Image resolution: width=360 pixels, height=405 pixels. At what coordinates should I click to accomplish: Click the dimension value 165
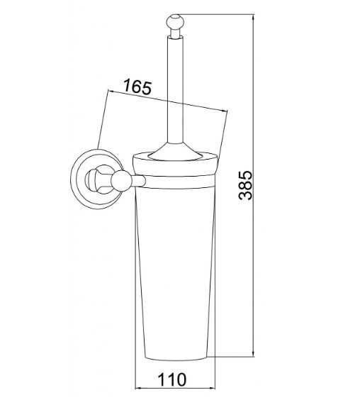point(137,87)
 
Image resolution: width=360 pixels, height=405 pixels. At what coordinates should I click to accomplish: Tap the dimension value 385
point(245,185)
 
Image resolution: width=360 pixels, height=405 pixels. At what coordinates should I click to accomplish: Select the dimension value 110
point(172,379)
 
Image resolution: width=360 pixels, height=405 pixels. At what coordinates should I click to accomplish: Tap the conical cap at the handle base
point(175,152)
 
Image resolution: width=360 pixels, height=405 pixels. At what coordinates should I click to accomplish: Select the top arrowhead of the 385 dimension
point(253,18)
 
